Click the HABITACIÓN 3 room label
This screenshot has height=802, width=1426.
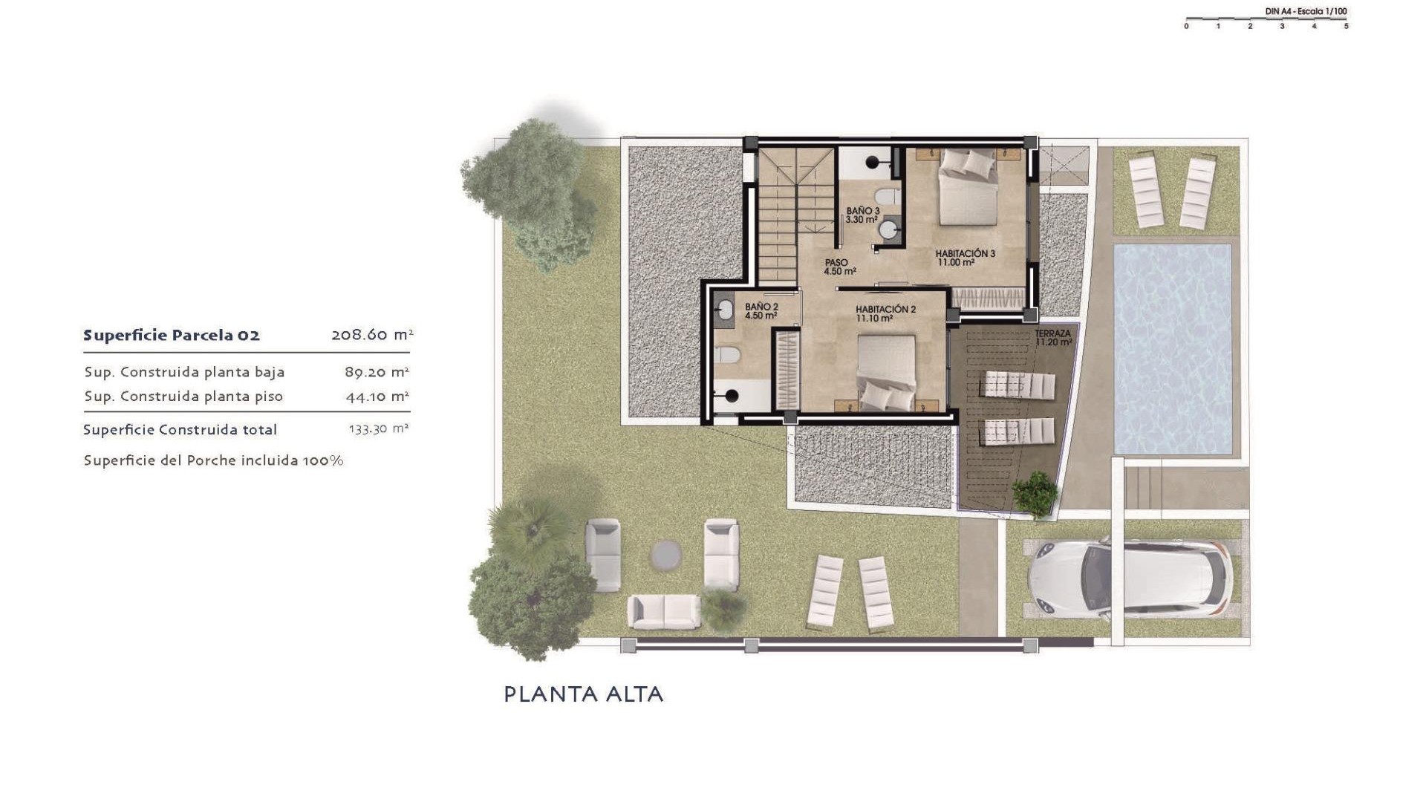[965, 258]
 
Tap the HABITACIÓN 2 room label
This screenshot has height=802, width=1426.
[885, 313]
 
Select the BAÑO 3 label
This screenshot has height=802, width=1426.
[862, 215]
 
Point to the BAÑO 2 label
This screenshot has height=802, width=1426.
[761, 310]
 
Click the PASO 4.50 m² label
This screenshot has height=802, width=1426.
[839, 267]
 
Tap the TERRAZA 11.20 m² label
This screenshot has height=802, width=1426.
[1053, 338]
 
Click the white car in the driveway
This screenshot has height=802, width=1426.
[1129, 579]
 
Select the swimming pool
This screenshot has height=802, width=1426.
[1172, 349]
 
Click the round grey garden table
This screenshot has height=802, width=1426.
[665, 555]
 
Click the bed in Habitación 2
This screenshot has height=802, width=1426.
[886, 374]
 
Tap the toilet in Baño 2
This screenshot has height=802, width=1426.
[728, 355]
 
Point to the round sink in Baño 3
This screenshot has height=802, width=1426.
[888, 229]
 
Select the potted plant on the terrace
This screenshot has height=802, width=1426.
[1035, 493]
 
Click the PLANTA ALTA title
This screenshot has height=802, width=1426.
[583, 694]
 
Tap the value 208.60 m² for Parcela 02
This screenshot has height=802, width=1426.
[371, 335]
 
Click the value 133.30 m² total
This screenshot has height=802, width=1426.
[378, 429]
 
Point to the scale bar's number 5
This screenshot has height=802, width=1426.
[1346, 26]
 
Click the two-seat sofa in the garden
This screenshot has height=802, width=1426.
[663, 611]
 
